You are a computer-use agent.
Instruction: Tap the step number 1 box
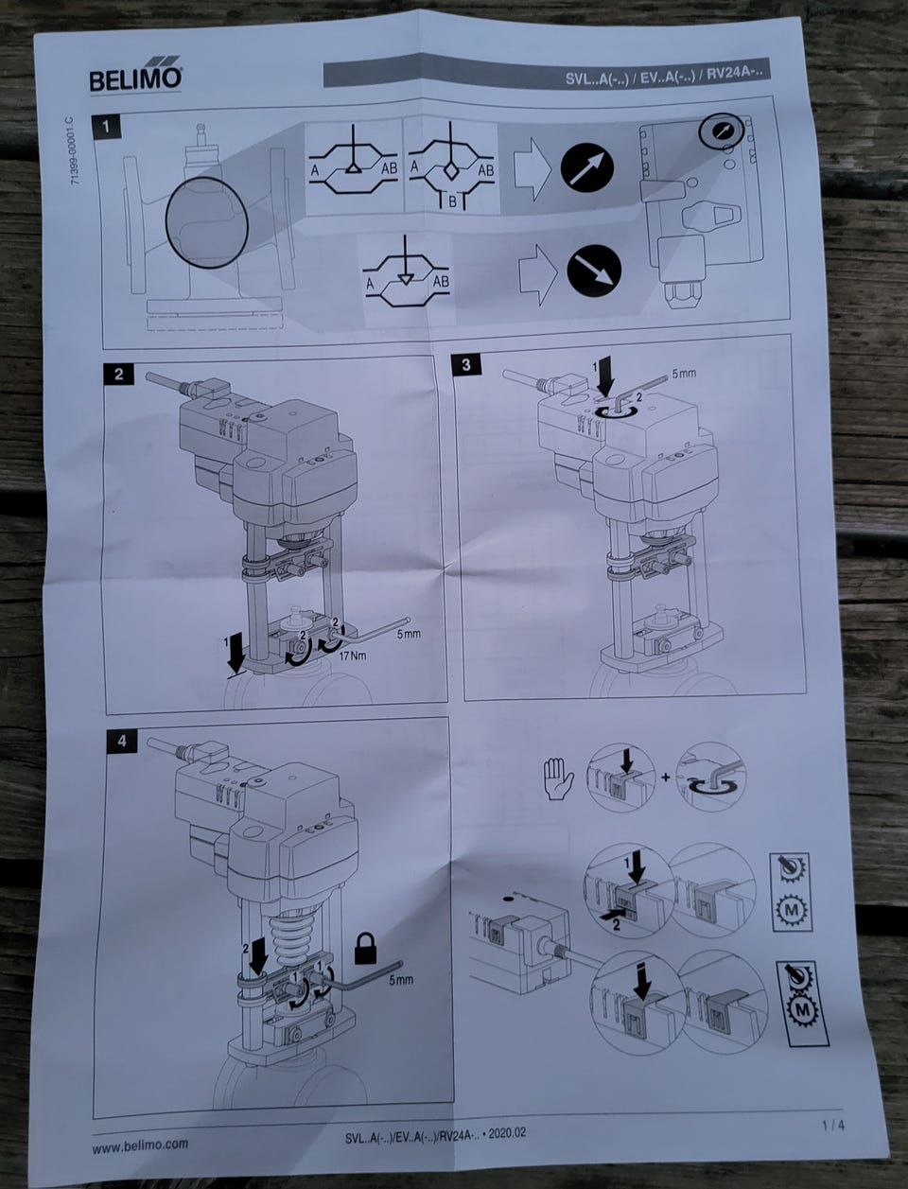pos(106,128)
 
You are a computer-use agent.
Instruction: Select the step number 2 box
pos(118,374)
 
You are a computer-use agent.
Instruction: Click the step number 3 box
pos(466,364)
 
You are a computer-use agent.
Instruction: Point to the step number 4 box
pos(121,741)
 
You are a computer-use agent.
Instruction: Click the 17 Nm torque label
pos(353,656)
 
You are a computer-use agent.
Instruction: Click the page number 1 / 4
pos(833,1121)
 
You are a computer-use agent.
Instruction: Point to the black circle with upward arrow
pos(587,168)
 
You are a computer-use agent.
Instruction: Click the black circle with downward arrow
pos(594,271)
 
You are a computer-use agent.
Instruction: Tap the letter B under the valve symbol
pos(453,202)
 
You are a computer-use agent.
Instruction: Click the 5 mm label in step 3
pos(684,374)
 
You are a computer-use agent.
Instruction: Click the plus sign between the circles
pos(666,778)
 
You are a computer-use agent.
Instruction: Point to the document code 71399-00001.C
pos(75,150)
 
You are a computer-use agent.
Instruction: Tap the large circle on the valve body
pos(207,222)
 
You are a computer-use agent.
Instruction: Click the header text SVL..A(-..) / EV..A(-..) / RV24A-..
pos(666,76)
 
